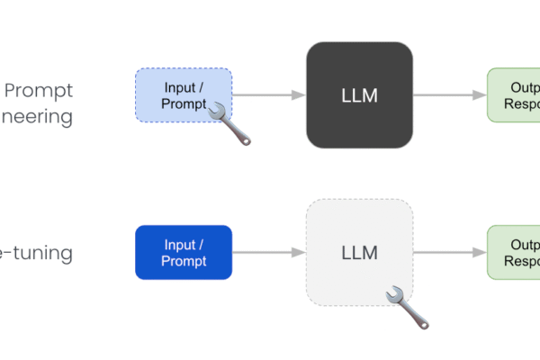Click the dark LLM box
coord(359,94)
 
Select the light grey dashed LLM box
coord(359,252)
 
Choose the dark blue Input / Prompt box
coord(184,252)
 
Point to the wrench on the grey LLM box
coord(408,307)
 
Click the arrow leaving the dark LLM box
coord(449,94)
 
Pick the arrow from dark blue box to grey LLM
coord(268,252)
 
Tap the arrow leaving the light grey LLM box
coord(449,252)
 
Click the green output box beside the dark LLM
coord(513,94)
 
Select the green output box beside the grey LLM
coord(513,252)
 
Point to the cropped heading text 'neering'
coord(37,117)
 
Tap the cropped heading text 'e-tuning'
coord(37,253)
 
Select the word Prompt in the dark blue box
coord(184,261)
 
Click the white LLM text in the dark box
coord(359,95)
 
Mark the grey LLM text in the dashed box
coord(359,253)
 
